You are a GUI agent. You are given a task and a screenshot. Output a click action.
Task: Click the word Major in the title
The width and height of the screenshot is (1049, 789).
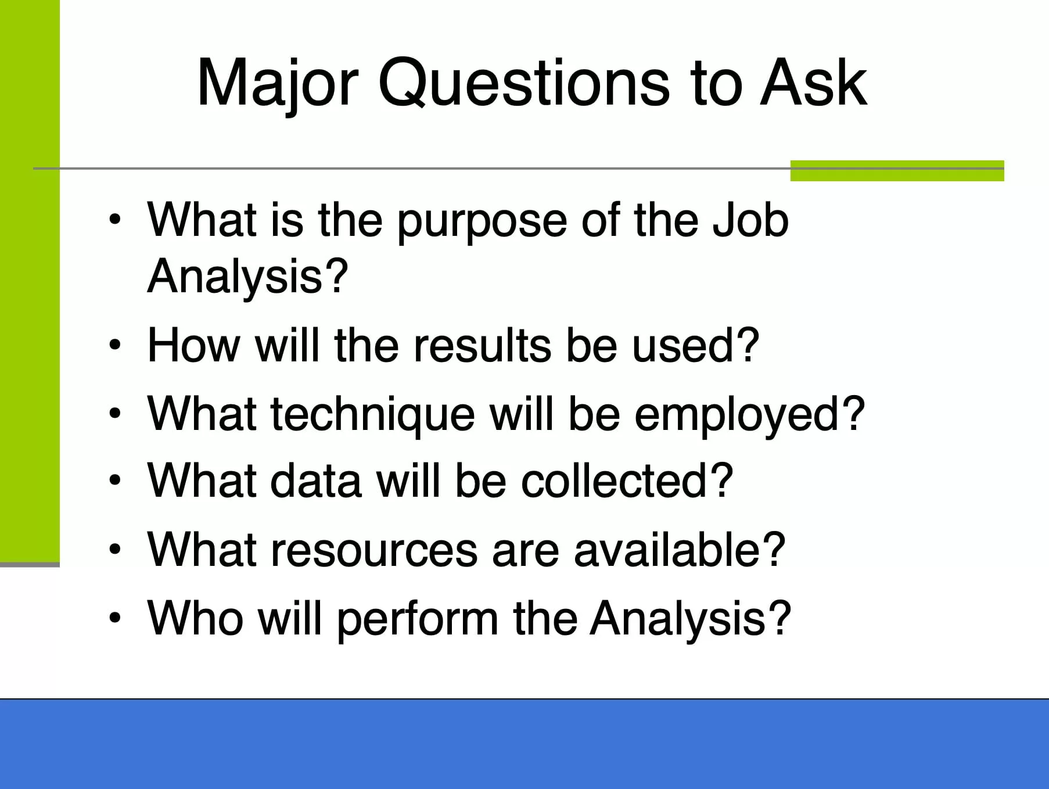pyautogui.click(x=278, y=84)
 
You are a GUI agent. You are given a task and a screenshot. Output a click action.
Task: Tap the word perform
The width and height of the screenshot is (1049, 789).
pyautogui.click(x=418, y=621)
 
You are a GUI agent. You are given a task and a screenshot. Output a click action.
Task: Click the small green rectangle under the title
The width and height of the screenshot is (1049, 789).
pyautogui.click(x=897, y=171)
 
